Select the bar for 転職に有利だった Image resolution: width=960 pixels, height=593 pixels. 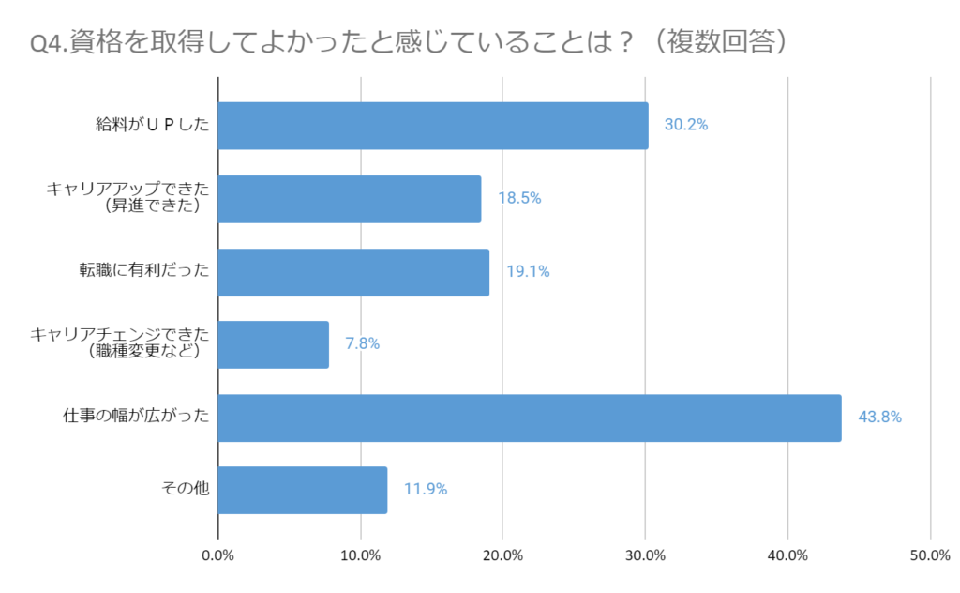353,272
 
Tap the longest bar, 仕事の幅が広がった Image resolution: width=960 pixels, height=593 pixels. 530,418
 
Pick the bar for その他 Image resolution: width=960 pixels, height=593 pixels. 302,490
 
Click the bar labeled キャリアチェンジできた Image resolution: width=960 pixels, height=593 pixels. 274,344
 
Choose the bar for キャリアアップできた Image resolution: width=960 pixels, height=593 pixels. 350,199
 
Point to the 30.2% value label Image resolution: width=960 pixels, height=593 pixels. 686,126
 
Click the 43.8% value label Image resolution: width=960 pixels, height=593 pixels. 879,418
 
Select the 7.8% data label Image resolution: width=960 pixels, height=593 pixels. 362,344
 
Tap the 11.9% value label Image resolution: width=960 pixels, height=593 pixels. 426,490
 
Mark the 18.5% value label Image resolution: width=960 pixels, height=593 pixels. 519,199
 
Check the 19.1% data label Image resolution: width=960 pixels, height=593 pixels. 528,272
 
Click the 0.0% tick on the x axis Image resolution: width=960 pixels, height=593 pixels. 218,555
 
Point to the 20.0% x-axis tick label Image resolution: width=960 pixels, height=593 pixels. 503,555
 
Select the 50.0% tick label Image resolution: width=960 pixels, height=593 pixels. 930,555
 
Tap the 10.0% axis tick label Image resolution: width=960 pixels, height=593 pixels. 361,555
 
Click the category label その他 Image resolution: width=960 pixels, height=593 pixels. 186,490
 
